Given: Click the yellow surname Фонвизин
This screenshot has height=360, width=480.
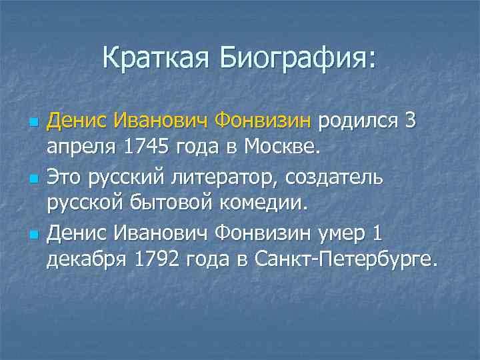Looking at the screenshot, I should coord(263,121).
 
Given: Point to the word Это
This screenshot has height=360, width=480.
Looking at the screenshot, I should coord(62,179).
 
